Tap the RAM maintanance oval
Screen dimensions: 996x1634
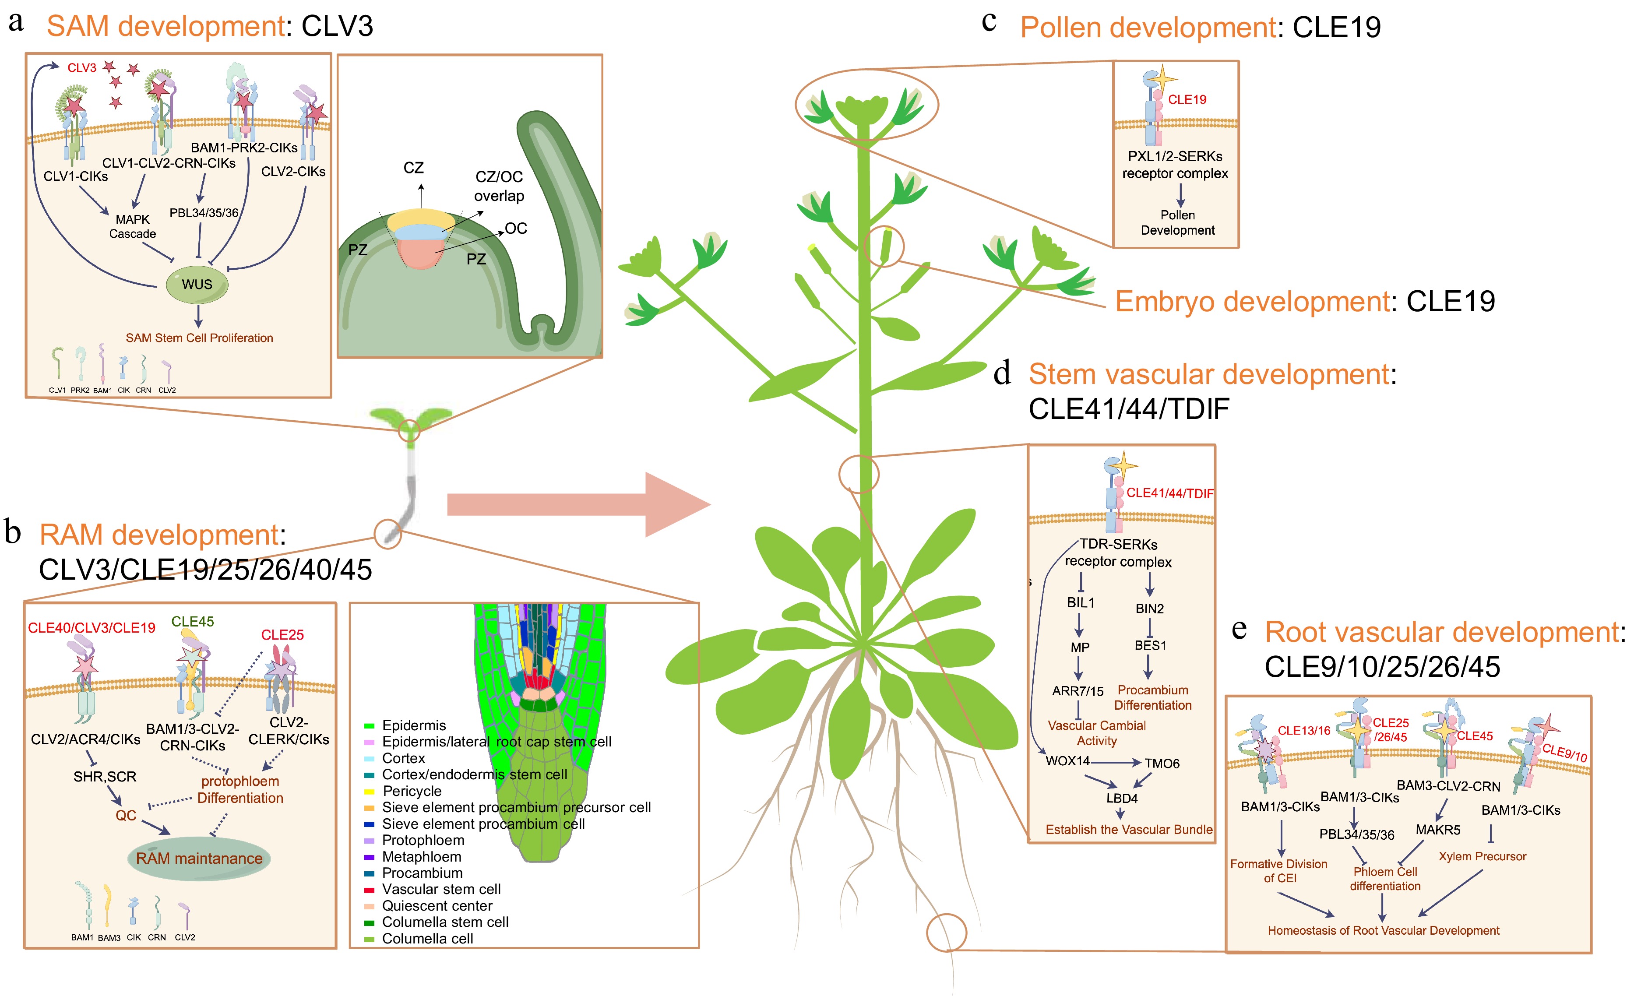[x=199, y=858]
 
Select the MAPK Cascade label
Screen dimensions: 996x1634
[x=133, y=226]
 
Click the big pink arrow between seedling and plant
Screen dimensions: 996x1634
[x=577, y=504]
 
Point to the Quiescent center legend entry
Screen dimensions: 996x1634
[x=437, y=906]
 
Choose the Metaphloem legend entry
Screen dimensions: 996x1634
[x=421, y=857]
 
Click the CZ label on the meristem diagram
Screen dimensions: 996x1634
[x=413, y=168]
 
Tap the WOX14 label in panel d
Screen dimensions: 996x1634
[x=1067, y=760]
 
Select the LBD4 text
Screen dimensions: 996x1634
[x=1121, y=799]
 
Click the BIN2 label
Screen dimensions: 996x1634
[x=1149, y=609]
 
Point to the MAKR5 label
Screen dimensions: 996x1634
[x=1438, y=830]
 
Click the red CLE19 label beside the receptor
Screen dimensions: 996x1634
[x=1187, y=99]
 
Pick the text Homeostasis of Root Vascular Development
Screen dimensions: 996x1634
[x=1383, y=930]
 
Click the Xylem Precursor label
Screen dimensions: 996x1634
[x=1482, y=856]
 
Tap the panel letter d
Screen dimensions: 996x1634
[x=1002, y=373]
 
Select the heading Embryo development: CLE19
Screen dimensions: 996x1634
[x=1304, y=302]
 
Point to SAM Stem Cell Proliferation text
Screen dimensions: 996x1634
[x=199, y=338]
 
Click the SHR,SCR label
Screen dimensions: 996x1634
[x=105, y=777]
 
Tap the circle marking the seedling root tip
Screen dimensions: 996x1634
[x=388, y=534]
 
